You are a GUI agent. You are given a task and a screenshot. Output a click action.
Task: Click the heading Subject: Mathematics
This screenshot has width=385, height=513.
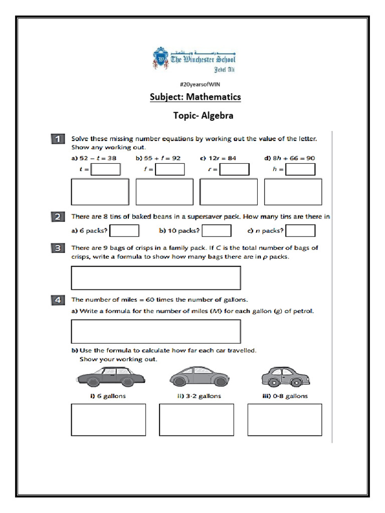click(x=196, y=97)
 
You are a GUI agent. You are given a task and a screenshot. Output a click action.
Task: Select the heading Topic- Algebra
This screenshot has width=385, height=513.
click(x=203, y=116)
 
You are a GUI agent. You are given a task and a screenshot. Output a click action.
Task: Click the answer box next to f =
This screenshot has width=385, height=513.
click(x=170, y=169)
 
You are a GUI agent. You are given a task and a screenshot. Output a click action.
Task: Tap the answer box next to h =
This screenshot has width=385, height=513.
click(x=300, y=169)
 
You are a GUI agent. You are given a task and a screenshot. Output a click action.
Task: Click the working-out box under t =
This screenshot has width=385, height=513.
click(x=100, y=192)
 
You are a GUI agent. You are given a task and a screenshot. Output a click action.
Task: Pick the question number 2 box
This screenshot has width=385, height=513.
click(x=58, y=217)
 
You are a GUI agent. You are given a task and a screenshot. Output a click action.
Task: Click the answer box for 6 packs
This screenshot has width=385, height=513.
click(x=124, y=230)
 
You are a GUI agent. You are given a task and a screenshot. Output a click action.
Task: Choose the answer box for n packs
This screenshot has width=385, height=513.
click(x=300, y=230)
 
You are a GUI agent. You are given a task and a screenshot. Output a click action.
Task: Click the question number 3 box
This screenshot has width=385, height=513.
click(x=58, y=248)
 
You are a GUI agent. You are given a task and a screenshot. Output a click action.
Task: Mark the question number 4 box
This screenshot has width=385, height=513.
click(x=58, y=300)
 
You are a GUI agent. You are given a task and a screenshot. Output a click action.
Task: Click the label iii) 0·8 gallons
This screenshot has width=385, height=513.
click(x=285, y=396)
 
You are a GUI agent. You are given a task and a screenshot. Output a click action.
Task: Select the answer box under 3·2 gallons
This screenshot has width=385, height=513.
click(x=197, y=420)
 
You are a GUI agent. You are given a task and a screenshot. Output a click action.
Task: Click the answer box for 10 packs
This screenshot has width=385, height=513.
click(x=217, y=230)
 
